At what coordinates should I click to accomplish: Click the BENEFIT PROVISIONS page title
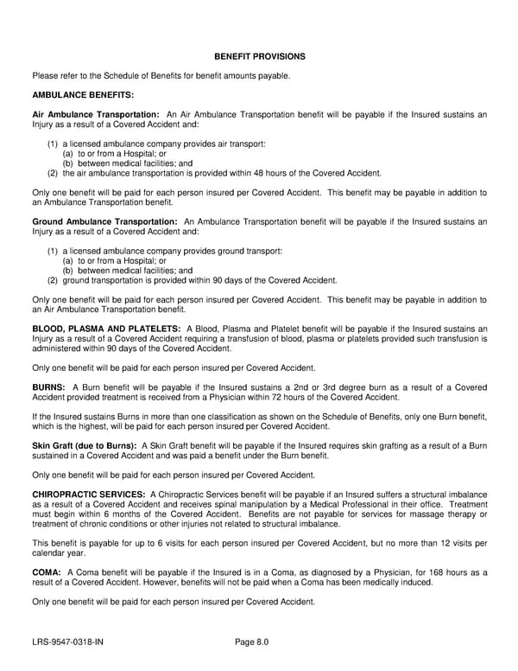pyautogui.click(x=259, y=56)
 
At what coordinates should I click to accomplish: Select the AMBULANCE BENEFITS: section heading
pyautogui.click(x=82, y=94)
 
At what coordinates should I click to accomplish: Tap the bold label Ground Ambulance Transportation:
pyautogui.click(x=104, y=221)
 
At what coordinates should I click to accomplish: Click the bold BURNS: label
pyautogui.click(x=48, y=387)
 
